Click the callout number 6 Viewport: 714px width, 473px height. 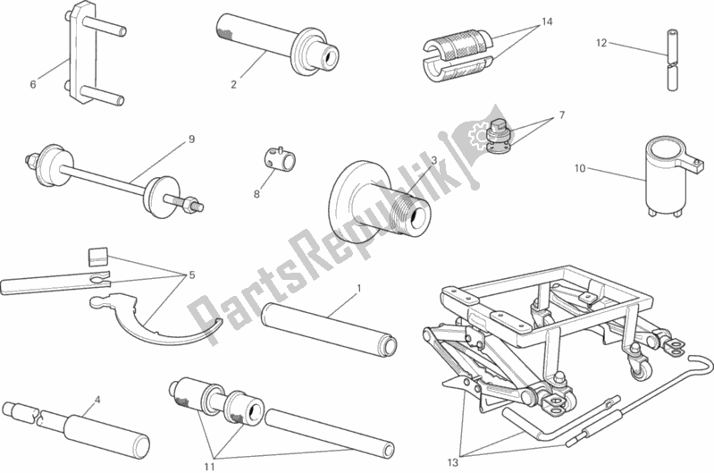pos(33,84)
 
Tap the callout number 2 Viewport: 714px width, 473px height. pos(233,84)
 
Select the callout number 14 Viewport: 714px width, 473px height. pos(547,21)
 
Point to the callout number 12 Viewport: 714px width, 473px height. pos(601,43)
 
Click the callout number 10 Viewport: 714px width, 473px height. pos(580,169)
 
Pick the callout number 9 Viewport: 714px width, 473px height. pos(191,139)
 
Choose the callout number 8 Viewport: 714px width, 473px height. pos(256,194)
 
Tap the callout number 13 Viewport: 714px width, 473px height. pos(452,462)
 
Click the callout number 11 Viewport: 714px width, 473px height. pos(209,467)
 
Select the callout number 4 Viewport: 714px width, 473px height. pos(97,400)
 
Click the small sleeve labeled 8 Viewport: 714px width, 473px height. pos(279,157)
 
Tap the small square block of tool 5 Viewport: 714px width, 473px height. pos(98,256)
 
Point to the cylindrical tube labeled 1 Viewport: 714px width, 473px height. pos(329,329)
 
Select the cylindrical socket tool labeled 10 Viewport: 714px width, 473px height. pos(668,179)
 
